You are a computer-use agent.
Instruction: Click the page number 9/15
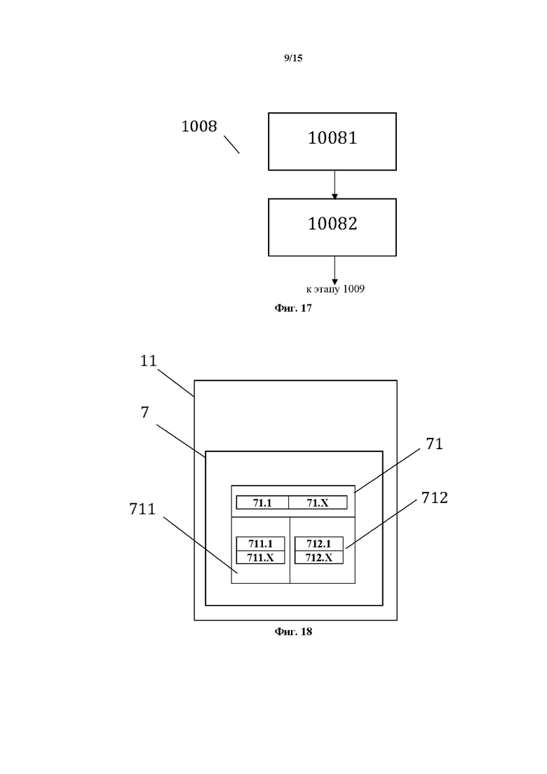pyautogui.click(x=293, y=59)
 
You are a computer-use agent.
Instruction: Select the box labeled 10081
pyautogui.click(x=332, y=141)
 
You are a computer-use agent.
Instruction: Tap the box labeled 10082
pyautogui.click(x=332, y=227)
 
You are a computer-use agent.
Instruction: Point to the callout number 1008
pyautogui.click(x=199, y=127)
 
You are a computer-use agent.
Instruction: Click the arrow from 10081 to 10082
pyautogui.click(x=335, y=185)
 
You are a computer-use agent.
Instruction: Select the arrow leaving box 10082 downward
pyautogui.click(x=335, y=270)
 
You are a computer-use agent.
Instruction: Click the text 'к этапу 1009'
pyautogui.click(x=335, y=289)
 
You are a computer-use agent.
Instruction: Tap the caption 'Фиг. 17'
pyautogui.click(x=293, y=308)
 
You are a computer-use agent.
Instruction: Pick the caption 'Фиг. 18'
pyautogui.click(x=293, y=632)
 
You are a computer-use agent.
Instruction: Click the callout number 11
pyautogui.click(x=148, y=361)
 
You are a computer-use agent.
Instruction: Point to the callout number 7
pyautogui.click(x=144, y=413)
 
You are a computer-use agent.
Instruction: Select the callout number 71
pyautogui.click(x=435, y=443)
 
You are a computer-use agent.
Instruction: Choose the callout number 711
pyautogui.click(x=142, y=509)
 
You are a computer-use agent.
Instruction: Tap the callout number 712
pyautogui.click(x=435, y=498)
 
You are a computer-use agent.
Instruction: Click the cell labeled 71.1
pyautogui.click(x=262, y=502)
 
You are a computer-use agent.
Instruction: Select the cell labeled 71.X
pyautogui.click(x=318, y=502)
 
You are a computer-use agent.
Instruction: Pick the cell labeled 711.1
pyautogui.click(x=260, y=544)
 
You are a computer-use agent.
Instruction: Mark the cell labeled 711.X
pyautogui.click(x=260, y=557)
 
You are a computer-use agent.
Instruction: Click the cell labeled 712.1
pyautogui.click(x=318, y=544)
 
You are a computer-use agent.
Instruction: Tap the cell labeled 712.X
pyautogui.click(x=318, y=557)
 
